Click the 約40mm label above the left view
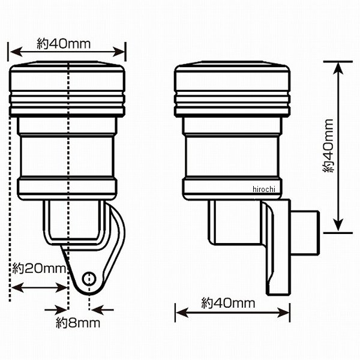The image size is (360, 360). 64,44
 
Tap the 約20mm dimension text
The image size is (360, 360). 39,268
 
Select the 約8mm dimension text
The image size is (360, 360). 78,323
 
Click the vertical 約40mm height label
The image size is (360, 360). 328,146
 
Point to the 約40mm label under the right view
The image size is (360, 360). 228,303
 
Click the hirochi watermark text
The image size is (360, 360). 264,189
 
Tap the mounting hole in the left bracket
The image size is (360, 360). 89,279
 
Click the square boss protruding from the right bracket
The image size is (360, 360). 305,232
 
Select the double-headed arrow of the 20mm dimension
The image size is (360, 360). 40,287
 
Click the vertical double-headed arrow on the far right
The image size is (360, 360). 338,147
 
